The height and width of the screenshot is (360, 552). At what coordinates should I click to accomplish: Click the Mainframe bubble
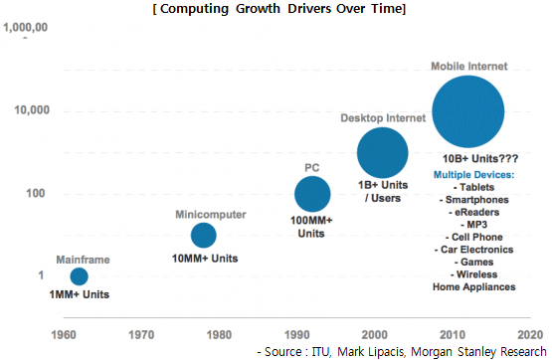pyautogui.click(x=80, y=276)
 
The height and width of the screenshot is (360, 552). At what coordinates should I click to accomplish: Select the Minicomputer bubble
pyautogui.click(x=204, y=235)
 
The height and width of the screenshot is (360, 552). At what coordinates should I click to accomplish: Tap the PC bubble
pyautogui.click(x=312, y=194)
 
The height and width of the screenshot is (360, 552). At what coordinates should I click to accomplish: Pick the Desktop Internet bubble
pyautogui.click(x=383, y=153)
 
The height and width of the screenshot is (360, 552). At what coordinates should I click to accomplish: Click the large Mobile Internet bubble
pyautogui.click(x=468, y=111)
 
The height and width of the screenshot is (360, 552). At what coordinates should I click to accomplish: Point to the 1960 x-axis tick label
pyautogui.click(x=64, y=335)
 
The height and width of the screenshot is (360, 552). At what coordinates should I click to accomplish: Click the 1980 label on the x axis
pyautogui.click(x=219, y=335)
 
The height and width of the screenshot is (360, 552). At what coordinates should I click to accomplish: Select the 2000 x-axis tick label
pyautogui.click(x=375, y=335)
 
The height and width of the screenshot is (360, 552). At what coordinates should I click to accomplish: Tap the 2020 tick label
pyautogui.click(x=530, y=335)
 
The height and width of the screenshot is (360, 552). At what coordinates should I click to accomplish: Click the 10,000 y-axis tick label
pyautogui.click(x=32, y=110)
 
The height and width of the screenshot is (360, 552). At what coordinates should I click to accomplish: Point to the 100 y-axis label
pyautogui.click(x=36, y=193)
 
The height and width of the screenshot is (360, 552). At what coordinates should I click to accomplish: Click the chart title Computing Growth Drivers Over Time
pyautogui.click(x=279, y=8)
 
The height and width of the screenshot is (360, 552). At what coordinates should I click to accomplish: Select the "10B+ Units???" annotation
pyautogui.click(x=480, y=159)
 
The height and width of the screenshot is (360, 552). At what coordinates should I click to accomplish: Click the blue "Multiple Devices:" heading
pyautogui.click(x=473, y=175)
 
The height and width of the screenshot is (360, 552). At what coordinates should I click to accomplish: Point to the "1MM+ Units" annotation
pyautogui.click(x=80, y=294)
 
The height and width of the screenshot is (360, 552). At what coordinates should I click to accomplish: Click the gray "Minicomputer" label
pyautogui.click(x=211, y=215)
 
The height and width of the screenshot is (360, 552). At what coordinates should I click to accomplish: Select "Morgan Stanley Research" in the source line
pyautogui.click(x=478, y=352)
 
